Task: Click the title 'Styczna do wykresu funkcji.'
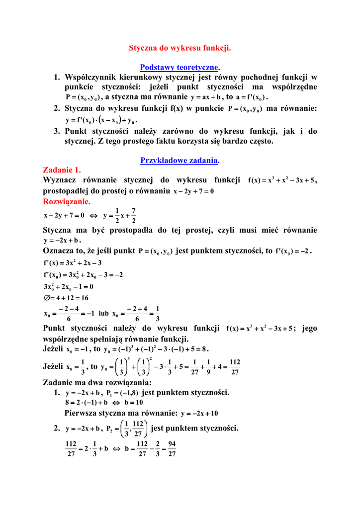pos(180,48)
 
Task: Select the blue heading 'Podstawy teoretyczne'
pos(180,67)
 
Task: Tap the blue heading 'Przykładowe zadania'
pos(180,160)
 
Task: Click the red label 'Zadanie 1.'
pos(62,170)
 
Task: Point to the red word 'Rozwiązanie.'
pos(67,201)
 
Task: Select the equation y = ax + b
pos(206,97)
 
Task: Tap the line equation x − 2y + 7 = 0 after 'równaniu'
pos(193,191)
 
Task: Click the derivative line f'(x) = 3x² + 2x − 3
pos(72,262)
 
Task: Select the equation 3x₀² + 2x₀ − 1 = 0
pos(69,287)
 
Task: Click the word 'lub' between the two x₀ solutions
pos(103,314)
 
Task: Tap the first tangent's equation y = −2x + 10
pos(199,414)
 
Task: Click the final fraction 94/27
pos(172,449)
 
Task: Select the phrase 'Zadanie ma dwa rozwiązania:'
pos(97,383)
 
